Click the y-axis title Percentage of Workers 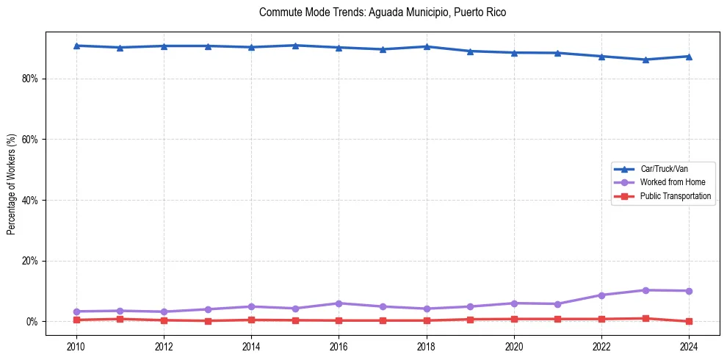11,184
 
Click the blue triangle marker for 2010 76,46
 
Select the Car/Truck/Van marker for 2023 645,60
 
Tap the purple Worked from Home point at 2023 645,290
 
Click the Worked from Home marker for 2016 339,303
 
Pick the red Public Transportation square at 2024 689,321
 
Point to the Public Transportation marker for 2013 208,321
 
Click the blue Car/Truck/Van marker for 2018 427,46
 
